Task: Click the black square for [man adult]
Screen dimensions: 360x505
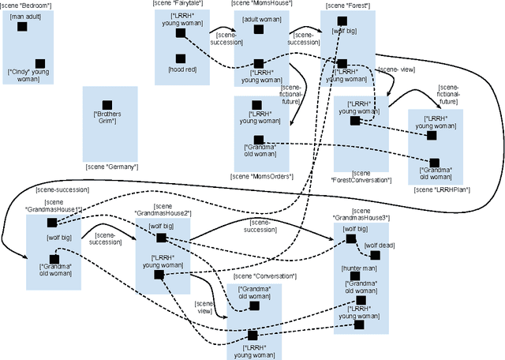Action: click(x=22, y=27)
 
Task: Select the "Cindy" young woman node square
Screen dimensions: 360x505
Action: click(x=40, y=63)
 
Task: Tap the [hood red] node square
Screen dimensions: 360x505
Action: click(x=181, y=58)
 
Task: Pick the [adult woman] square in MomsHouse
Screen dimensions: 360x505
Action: click(x=259, y=29)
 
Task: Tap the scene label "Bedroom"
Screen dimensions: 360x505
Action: click(x=28, y=5)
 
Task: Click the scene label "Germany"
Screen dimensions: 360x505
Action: click(x=112, y=167)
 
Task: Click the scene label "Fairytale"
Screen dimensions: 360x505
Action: click(x=182, y=5)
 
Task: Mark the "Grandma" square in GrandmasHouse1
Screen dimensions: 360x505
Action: click(x=54, y=258)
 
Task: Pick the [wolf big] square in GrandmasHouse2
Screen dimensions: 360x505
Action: click(x=161, y=238)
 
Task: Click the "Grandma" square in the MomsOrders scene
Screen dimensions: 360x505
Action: click(x=248, y=140)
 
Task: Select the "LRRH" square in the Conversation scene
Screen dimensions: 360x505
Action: click(x=252, y=334)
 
